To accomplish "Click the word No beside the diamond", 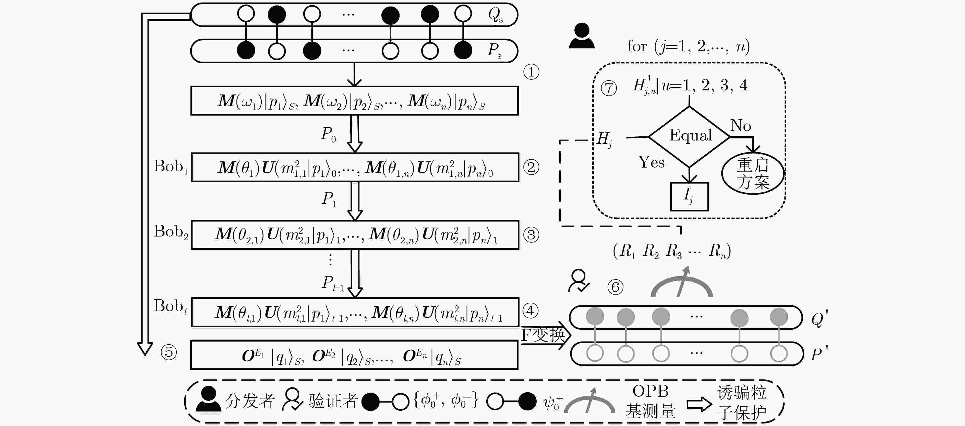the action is (x=741, y=125).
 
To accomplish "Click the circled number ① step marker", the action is (x=531, y=72).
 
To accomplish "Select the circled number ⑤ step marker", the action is (x=168, y=352).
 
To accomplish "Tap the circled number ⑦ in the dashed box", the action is (x=609, y=88).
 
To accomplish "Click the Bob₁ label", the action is (x=171, y=167).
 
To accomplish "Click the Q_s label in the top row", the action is (x=495, y=15).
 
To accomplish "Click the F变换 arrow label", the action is (x=543, y=335).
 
